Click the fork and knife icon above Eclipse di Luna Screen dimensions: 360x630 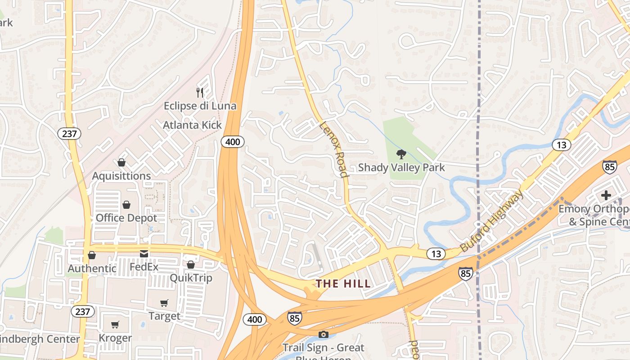tap(200, 92)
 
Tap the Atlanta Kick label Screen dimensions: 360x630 tap(192, 125)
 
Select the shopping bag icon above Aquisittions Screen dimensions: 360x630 tap(121, 162)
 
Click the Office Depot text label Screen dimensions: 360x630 tap(126, 218)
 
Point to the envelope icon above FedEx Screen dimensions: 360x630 tap(144, 254)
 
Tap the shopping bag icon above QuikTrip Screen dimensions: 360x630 tap(191, 265)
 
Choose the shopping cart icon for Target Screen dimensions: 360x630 tap(164, 303)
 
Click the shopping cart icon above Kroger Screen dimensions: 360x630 tap(115, 324)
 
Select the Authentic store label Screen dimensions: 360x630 tap(92, 269)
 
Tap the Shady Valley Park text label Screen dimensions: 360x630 tap(401, 168)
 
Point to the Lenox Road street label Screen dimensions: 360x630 tap(334, 149)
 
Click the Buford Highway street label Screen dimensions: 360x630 tap(492, 220)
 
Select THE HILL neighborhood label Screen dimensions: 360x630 tap(343, 283)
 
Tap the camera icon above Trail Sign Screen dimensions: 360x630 tap(323, 334)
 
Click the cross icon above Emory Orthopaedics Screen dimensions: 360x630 tap(606, 195)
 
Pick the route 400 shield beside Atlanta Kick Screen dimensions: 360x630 tap(233, 142)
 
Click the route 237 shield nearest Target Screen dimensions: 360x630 tap(83, 311)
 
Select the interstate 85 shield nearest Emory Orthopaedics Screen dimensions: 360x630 tap(609, 166)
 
